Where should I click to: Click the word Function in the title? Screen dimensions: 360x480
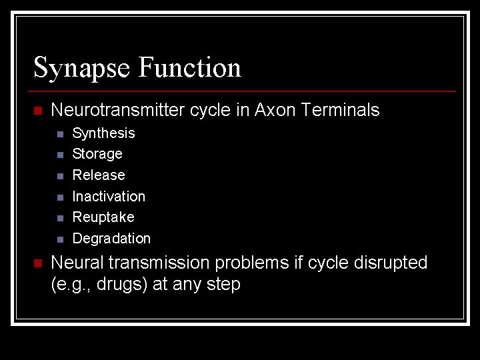click(x=190, y=68)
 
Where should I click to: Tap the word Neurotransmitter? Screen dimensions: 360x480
click(x=119, y=110)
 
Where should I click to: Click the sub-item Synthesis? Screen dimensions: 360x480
click(x=103, y=133)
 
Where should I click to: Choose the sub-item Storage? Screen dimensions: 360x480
click(x=97, y=154)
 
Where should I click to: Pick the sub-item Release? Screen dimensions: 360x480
click(x=99, y=175)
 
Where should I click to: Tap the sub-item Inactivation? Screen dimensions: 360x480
click(x=109, y=197)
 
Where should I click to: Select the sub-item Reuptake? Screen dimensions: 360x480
click(x=103, y=217)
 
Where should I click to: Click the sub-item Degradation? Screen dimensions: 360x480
click(x=111, y=239)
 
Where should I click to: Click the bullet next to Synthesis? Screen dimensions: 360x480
click(x=60, y=134)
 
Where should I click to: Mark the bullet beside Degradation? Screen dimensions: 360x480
click(x=60, y=239)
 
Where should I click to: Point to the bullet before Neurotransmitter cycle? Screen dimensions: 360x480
click(x=38, y=111)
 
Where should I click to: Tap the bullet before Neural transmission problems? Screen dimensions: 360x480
click(x=38, y=263)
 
